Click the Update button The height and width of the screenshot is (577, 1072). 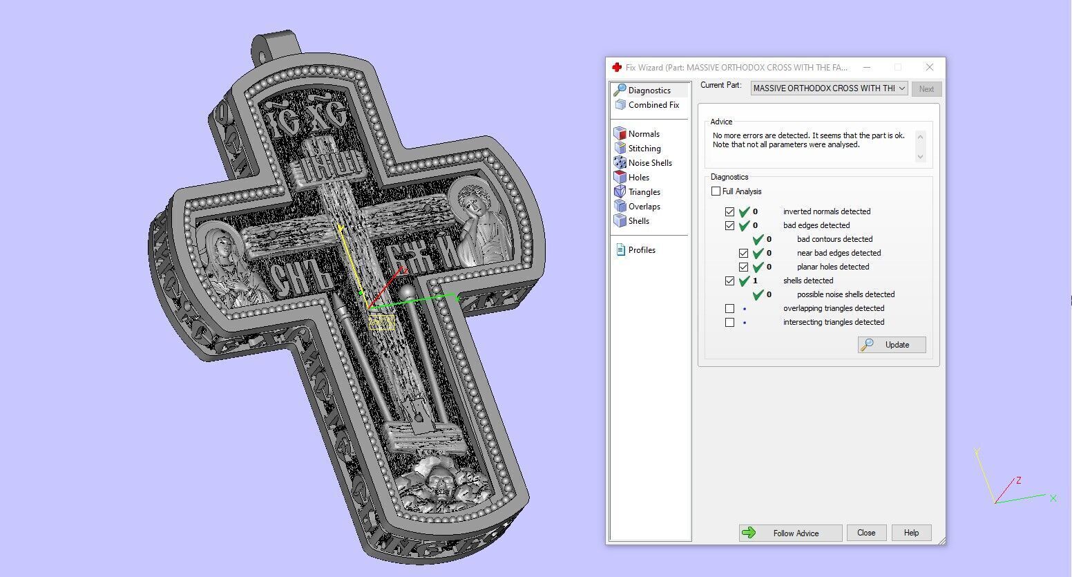click(x=891, y=345)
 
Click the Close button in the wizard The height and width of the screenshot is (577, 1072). click(x=866, y=533)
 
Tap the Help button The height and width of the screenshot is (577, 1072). click(x=911, y=533)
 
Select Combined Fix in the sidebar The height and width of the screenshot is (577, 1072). click(x=653, y=105)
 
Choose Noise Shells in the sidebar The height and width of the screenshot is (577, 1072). click(x=649, y=163)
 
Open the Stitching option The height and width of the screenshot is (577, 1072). click(x=644, y=149)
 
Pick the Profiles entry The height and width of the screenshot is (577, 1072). click(x=641, y=250)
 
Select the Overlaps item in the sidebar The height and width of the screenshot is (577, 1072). click(x=644, y=207)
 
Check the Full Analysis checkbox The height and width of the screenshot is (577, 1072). click(x=716, y=191)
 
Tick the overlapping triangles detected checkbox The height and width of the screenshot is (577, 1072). click(x=730, y=309)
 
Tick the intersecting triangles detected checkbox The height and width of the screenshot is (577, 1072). click(x=730, y=323)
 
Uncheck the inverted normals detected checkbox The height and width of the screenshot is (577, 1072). click(x=730, y=212)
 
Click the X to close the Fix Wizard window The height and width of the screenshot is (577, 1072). click(x=930, y=67)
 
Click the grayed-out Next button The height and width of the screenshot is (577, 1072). click(x=926, y=89)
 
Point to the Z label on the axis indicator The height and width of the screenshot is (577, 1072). click(x=1018, y=480)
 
